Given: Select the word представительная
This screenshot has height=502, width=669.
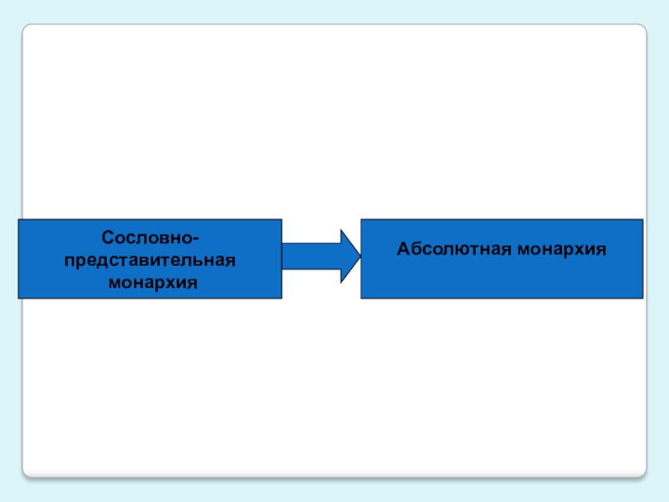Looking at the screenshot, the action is point(150,260).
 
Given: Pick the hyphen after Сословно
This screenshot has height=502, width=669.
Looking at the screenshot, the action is point(196,240).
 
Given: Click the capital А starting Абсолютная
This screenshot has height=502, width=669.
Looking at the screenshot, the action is point(402,248).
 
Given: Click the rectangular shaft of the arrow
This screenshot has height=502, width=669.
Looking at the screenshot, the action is point(310,254).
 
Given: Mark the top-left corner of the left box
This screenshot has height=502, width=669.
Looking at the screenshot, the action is point(19,220).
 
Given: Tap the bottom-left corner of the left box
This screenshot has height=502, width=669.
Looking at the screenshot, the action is point(19,299).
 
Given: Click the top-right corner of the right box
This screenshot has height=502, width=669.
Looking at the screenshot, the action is point(642,220).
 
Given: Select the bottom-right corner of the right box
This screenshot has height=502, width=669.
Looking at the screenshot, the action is point(642,299).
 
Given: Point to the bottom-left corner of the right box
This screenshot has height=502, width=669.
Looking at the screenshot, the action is point(361,299).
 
